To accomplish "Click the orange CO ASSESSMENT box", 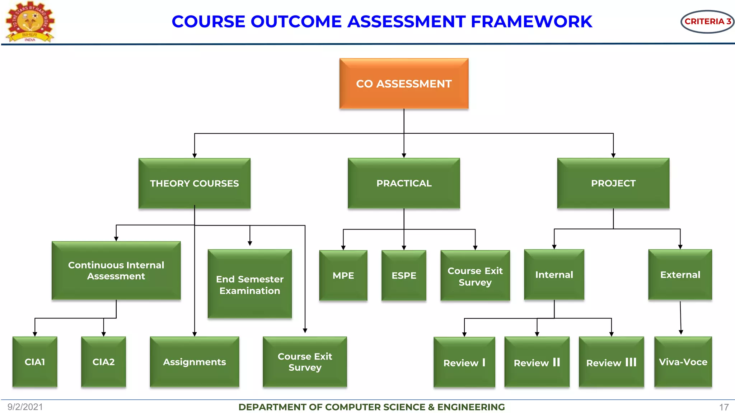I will [404, 84].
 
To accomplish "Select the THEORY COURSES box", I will [194, 183].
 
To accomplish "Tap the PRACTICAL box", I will [404, 183].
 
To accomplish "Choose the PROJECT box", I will [613, 183].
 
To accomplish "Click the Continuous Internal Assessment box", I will [116, 270].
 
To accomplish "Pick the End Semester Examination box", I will [249, 284].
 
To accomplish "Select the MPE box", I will [343, 275].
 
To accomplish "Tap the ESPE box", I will [404, 275].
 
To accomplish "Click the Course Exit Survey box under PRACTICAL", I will [475, 276].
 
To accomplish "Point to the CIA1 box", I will [35, 362].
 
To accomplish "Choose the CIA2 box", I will [103, 362].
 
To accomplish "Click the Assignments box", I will [194, 362].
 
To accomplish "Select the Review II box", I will [537, 362].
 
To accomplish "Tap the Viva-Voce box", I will [683, 362].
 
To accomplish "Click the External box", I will [680, 275].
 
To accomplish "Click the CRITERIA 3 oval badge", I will [707, 22].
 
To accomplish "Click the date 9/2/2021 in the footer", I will [25, 407].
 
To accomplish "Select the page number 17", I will [724, 407].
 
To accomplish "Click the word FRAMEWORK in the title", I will [531, 22].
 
